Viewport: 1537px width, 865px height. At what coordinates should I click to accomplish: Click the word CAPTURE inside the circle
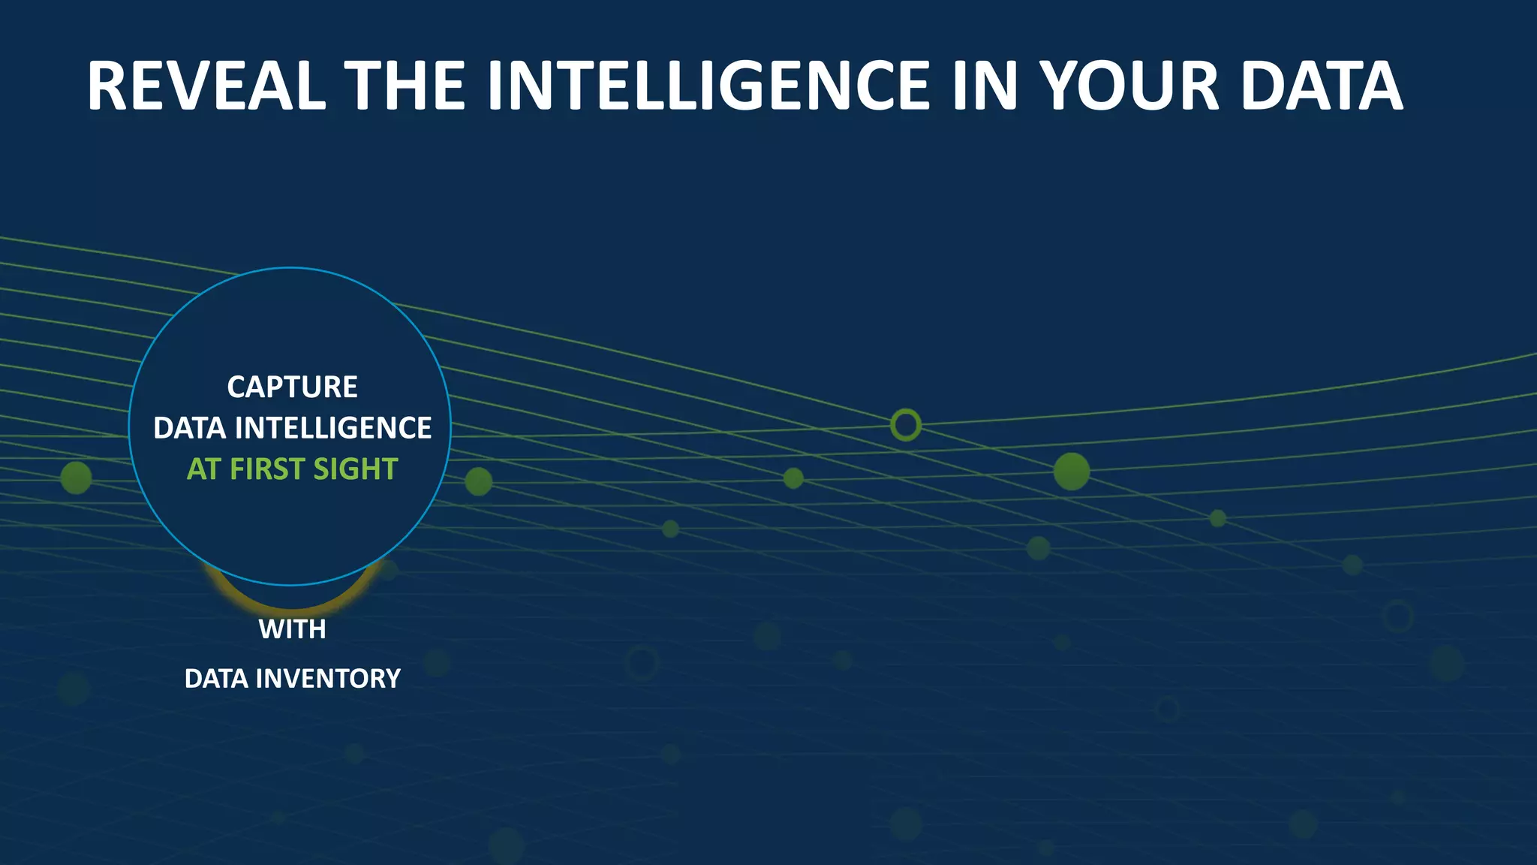pyautogui.click(x=292, y=387)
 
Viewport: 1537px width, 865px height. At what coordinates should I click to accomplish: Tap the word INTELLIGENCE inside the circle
pyautogui.click(x=333, y=428)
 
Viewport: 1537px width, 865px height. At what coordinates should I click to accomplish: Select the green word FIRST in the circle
pyautogui.click(x=266, y=469)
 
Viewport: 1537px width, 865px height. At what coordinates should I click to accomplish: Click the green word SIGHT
pyautogui.click(x=355, y=469)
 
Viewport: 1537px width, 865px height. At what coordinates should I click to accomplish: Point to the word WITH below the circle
pyautogui.click(x=292, y=629)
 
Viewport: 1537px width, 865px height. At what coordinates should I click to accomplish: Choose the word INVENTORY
pyautogui.click(x=328, y=679)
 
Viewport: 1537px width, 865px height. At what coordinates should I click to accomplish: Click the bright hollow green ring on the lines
pyautogui.click(x=905, y=425)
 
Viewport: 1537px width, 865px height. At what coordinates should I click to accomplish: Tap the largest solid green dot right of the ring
pyautogui.click(x=1071, y=472)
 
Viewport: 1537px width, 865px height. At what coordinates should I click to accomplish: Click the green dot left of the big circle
pyautogui.click(x=76, y=478)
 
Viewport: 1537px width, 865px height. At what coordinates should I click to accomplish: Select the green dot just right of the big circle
pyautogui.click(x=478, y=481)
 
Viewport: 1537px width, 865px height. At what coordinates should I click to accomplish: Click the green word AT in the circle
pyautogui.click(x=203, y=469)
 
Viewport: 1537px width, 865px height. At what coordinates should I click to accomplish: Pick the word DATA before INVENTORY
pyautogui.click(x=216, y=679)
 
